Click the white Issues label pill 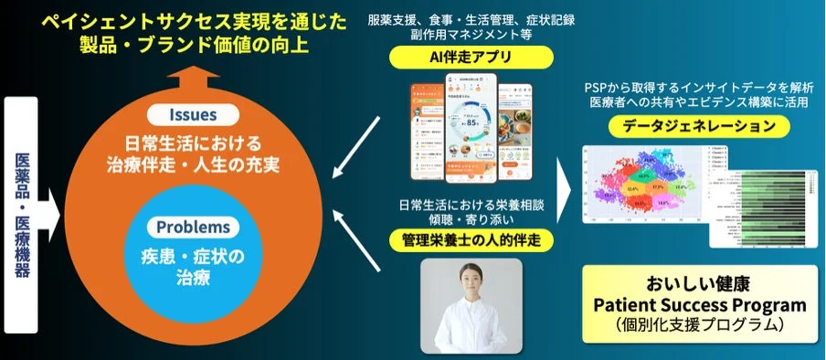(192, 115)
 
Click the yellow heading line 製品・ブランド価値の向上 (191, 41)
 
